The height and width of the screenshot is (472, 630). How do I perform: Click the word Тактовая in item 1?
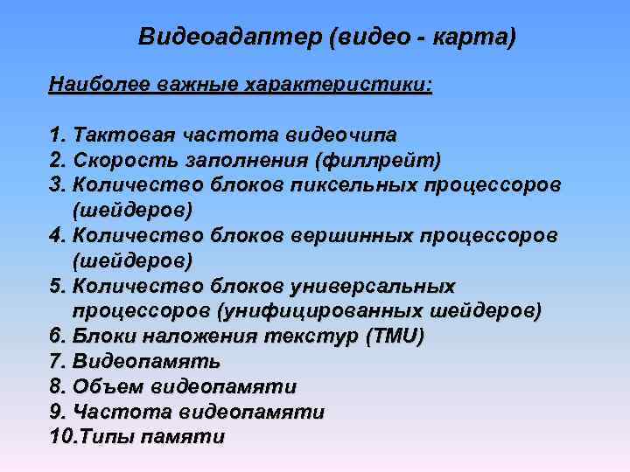[124, 136]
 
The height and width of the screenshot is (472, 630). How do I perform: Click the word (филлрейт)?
[381, 162]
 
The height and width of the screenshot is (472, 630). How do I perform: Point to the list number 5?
[58, 287]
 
